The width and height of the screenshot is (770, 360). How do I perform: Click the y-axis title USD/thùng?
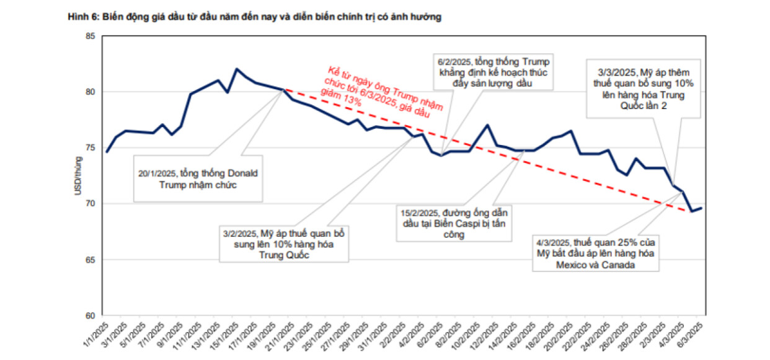point(79,177)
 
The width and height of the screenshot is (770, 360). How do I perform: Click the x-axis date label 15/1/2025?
point(225,335)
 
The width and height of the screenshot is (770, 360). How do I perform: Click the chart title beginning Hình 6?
point(255,18)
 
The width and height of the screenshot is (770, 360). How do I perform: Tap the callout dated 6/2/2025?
point(494,72)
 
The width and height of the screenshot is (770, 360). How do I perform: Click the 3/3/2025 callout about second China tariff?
point(644,87)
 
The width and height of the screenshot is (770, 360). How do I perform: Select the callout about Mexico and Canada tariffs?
point(595,253)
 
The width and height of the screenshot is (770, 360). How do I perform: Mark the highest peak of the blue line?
point(236,69)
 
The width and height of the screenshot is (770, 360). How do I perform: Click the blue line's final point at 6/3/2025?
point(701,208)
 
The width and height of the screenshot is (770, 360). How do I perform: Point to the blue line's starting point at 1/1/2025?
point(107,152)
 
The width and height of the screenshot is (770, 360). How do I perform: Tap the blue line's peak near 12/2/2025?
point(488,125)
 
